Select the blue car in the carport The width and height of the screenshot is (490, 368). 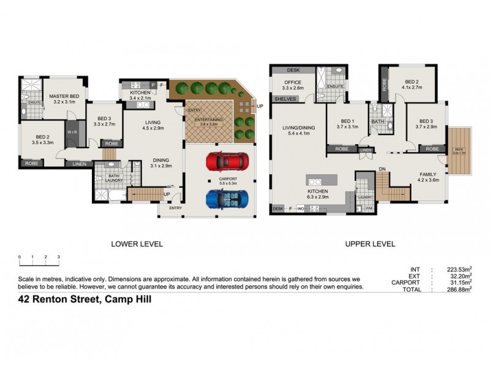225,200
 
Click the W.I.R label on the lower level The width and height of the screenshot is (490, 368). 72,131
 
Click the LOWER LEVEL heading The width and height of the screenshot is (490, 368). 136,243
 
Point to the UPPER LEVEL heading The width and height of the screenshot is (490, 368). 369,243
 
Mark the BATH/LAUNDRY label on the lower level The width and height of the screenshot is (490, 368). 104,175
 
